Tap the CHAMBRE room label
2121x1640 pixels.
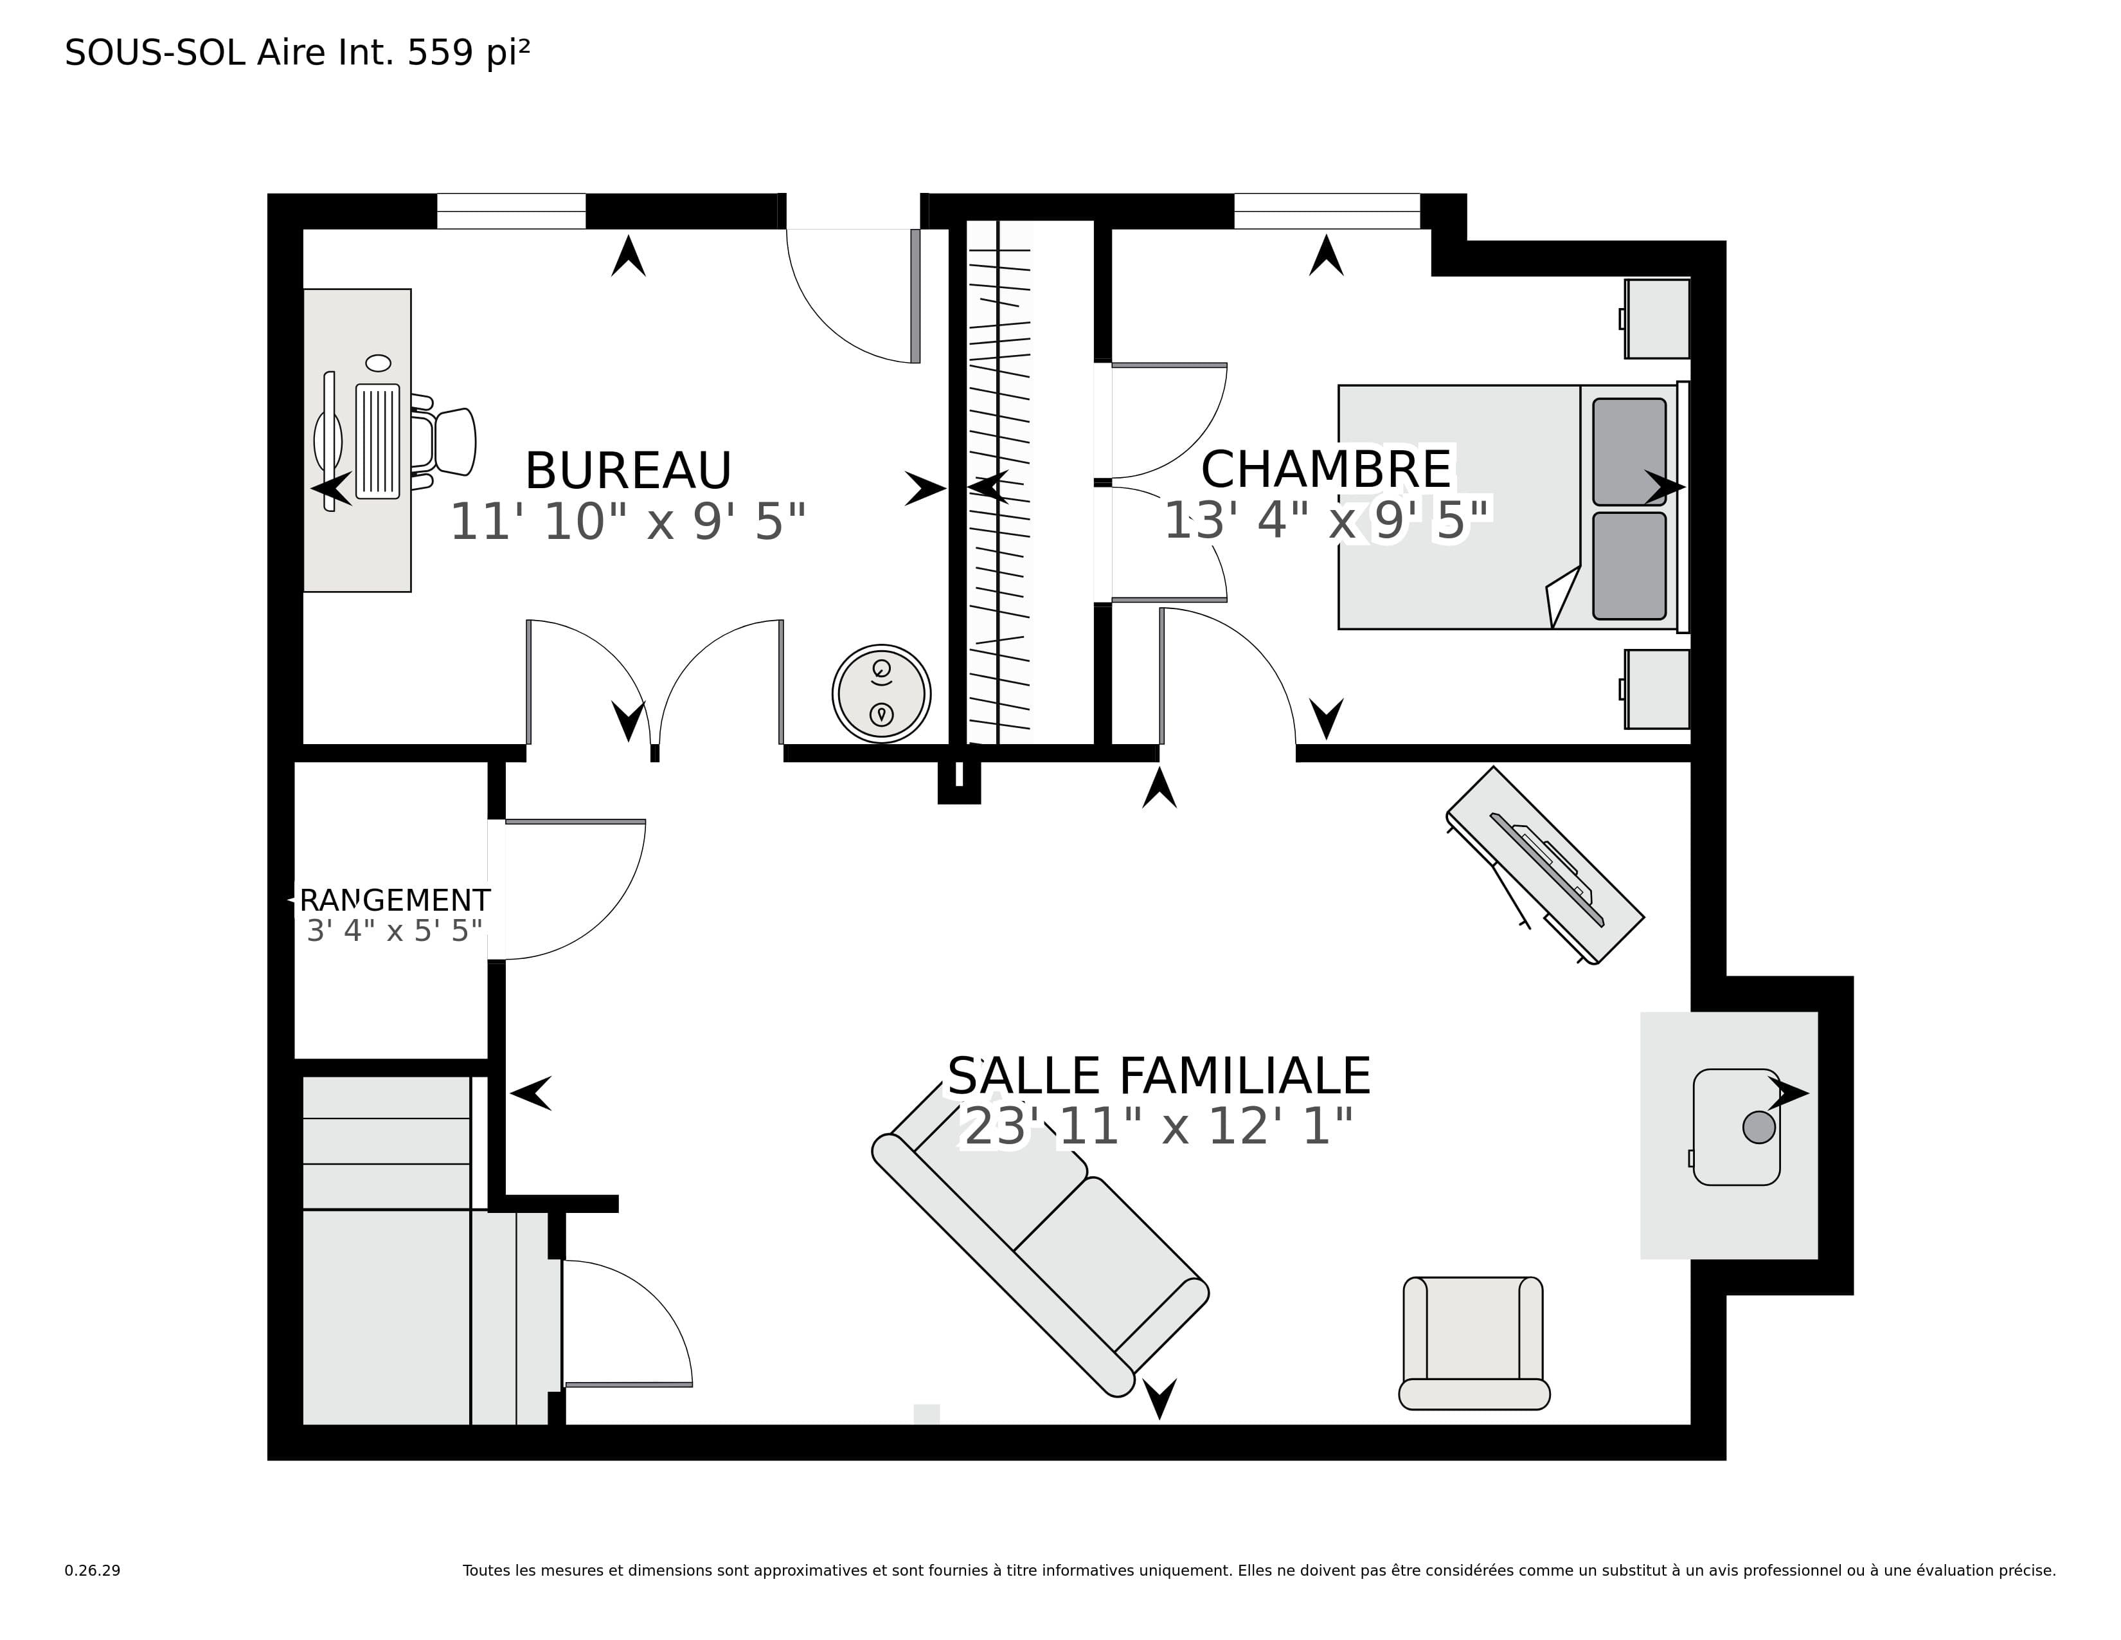(x=1325, y=470)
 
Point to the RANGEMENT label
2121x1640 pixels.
(x=394, y=900)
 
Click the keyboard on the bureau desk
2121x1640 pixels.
(x=378, y=441)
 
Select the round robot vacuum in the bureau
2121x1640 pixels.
(x=881, y=694)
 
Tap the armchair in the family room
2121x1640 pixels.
(x=1473, y=1343)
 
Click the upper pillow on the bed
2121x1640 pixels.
(x=1629, y=451)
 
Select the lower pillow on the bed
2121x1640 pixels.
(x=1629, y=565)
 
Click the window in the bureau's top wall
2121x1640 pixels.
(x=511, y=212)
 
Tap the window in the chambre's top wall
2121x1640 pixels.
(x=1327, y=212)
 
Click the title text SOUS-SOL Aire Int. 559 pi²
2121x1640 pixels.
(x=297, y=53)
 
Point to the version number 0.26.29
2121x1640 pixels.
(x=93, y=1570)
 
